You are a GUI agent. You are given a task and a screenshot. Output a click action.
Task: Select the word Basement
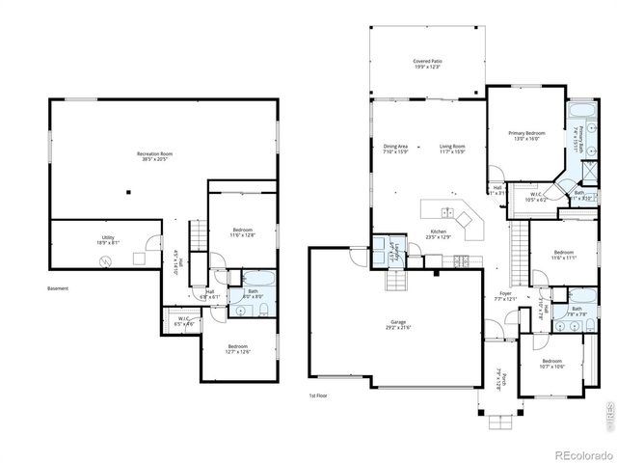(58, 288)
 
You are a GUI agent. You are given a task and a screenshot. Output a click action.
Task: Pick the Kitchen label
(438, 232)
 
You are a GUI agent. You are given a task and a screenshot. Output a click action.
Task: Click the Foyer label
(505, 294)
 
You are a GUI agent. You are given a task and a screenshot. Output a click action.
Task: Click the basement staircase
(198, 235)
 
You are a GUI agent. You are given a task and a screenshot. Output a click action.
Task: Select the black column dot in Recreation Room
(126, 191)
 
